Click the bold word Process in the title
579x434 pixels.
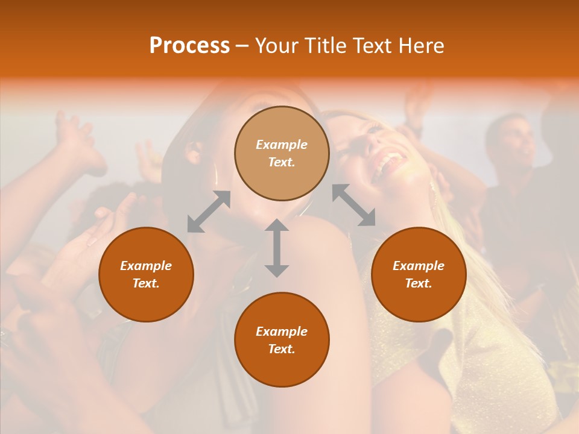[189, 46]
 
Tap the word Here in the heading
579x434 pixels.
[420, 46]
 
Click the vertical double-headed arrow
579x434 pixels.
[277, 248]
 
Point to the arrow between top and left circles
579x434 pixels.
[209, 212]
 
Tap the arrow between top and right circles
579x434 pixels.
[353, 205]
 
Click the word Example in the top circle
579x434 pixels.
[282, 145]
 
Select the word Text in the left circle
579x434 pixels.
[146, 283]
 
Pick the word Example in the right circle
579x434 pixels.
[419, 266]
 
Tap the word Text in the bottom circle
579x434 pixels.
[282, 349]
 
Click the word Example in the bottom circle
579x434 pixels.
[282, 332]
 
